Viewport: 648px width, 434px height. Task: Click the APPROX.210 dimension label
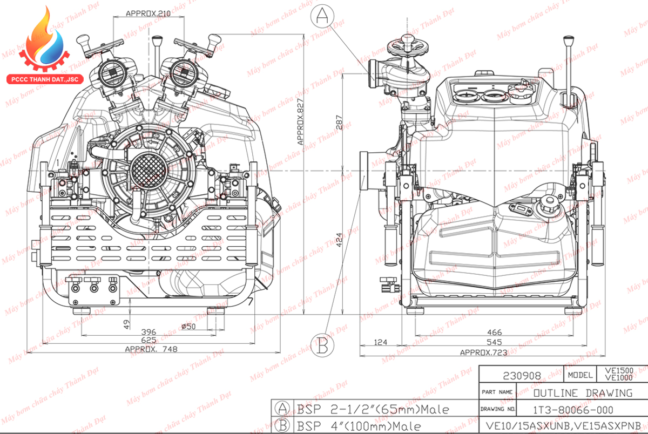click(148, 13)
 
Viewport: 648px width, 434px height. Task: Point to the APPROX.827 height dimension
click(300, 122)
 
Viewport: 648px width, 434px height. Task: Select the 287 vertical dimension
click(339, 120)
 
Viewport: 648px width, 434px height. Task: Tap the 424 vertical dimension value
click(339, 240)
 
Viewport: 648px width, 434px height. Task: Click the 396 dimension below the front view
click(148, 332)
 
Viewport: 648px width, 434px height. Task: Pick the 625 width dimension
click(148, 340)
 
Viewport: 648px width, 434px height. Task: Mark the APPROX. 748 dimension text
click(151, 349)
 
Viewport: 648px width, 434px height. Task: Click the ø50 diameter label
click(188, 327)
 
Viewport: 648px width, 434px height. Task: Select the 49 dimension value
click(127, 324)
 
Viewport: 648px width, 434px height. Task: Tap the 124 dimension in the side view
click(380, 342)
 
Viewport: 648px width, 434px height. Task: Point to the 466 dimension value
click(495, 332)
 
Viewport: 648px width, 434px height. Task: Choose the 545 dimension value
click(495, 342)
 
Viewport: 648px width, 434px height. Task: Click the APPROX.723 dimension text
click(484, 352)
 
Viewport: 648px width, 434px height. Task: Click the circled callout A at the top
click(322, 16)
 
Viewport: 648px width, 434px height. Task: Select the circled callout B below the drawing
click(322, 345)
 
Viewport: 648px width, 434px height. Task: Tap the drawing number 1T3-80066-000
click(573, 410)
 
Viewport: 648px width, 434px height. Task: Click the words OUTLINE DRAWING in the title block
click(583, 393)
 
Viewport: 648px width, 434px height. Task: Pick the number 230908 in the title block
click(522, 376)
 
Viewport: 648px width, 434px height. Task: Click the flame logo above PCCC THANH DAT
click(45, 39)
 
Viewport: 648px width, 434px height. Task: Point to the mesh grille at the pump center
click(149, 170)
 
